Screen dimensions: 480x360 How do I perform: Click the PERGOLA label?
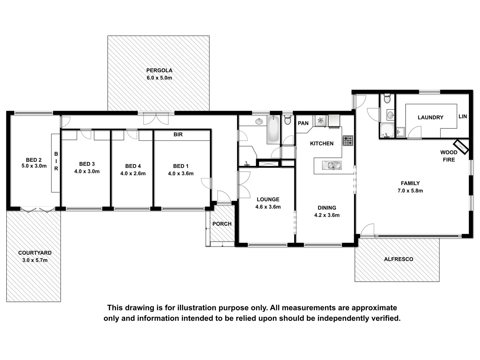[x=159, y=70]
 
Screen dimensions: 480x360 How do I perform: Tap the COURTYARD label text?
[x=35, y=253]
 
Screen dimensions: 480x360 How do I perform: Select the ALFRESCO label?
[x=399, y=259]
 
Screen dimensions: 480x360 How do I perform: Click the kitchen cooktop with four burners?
[x=348, y=140]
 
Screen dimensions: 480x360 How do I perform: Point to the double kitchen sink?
[x=332, y=166]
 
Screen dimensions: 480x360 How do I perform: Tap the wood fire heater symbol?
[x=461, y=147]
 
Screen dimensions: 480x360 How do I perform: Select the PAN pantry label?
[x=303, y=123]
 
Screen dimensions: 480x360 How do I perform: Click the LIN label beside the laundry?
[x=463, y=116]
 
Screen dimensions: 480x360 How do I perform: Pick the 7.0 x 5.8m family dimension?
[x=410, y=190]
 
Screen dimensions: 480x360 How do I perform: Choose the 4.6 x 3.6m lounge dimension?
[x=268, y=207]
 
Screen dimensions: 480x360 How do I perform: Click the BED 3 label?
[x=87, y=164]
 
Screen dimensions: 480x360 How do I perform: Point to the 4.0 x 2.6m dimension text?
[x=133, y=173]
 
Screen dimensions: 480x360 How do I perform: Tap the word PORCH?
[x=222, y=224]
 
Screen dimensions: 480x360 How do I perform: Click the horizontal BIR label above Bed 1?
[x=178, y=134]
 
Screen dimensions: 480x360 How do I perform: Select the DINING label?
[x=327, y=208]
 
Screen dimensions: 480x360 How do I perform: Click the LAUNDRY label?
[x=430, y=117]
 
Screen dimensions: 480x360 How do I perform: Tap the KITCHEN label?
[x=322, y=143]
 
